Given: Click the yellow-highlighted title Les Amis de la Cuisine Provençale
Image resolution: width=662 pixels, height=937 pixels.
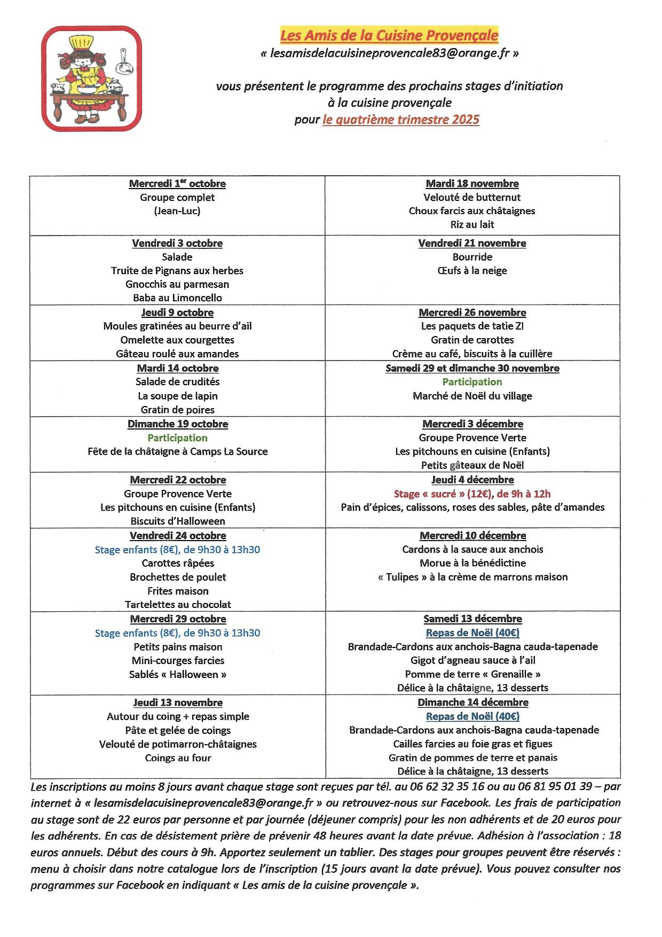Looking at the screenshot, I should click(x=389, y=36).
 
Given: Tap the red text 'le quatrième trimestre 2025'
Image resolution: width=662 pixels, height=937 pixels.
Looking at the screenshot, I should click(x=401, y=119).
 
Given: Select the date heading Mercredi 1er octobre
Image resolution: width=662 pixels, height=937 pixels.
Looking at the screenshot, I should click(x=177, y=184).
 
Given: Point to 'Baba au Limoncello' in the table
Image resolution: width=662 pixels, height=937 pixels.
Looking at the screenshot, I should click(x=177, y=298).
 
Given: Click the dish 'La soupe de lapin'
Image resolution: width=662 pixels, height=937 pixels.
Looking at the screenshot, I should click(x=177, y=396).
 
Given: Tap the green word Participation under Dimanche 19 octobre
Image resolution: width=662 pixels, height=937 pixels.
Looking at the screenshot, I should click(x=177, y=438).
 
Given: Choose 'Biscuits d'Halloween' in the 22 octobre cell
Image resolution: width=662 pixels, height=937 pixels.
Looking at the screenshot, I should click(x=177, y=521).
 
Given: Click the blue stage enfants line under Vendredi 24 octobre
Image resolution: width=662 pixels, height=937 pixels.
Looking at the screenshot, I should click(x=177, y=549).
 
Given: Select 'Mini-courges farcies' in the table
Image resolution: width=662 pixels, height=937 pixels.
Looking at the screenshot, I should click(x=178, y=660).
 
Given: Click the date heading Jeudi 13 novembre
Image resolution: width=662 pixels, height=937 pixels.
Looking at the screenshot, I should click(x=178, y=702).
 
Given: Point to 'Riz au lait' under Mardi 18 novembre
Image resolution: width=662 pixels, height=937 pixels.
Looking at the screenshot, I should click(x=472, y=224).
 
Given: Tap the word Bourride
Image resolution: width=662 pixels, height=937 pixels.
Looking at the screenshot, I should click(x=472, y=257).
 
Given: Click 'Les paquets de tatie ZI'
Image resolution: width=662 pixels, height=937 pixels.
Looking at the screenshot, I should click(x=472, y=326).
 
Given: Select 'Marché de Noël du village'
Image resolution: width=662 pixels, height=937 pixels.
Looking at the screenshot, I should click(x=472, y=396).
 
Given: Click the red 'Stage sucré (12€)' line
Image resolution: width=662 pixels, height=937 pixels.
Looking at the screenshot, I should click(x=472, y=494).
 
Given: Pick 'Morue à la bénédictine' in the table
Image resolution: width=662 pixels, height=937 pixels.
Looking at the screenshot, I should click(x=472, y=563).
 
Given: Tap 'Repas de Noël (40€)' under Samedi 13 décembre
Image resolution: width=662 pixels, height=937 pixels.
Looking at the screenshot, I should click(x=472, y=633).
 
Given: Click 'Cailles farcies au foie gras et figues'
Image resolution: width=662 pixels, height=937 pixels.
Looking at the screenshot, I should click(x=472, y=744).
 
